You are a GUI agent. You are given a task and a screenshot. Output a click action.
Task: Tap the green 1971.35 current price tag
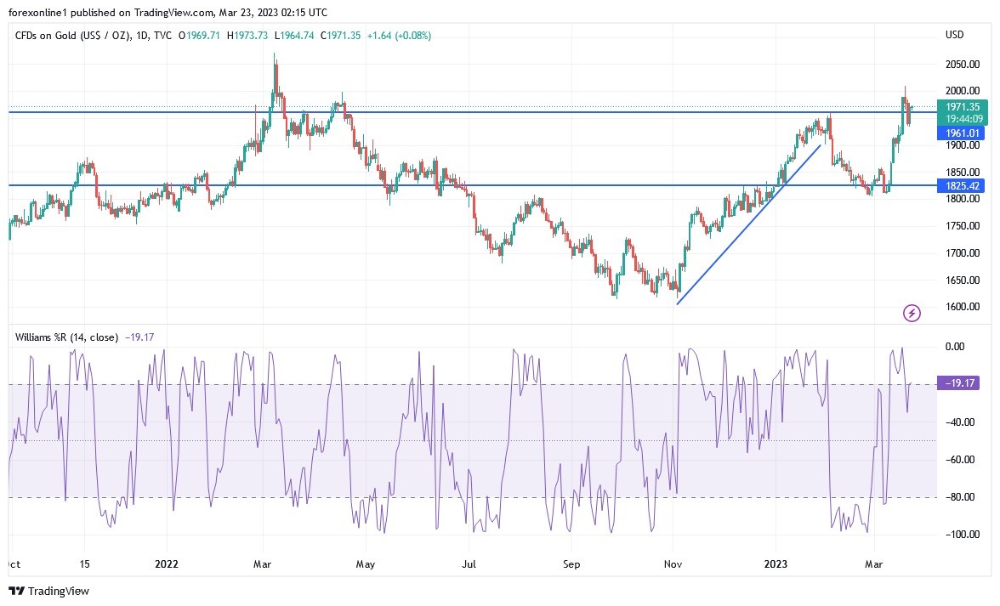point(960,107)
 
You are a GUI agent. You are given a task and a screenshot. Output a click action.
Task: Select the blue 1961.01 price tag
point(960,133)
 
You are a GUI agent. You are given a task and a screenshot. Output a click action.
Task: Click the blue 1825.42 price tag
point(960,185)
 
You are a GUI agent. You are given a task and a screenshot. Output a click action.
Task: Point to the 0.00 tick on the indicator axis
point(955,347)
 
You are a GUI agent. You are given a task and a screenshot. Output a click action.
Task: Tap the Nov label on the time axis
point(673,564)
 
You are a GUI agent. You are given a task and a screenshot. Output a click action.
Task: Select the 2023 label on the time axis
point(776,564)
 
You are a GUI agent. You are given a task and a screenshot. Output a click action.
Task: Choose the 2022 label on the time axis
point(167,564)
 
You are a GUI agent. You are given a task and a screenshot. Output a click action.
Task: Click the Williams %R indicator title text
point(67,337)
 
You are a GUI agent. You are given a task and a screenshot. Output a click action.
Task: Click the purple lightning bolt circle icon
point(912,314)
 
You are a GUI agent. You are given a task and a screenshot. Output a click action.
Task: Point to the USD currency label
point(955,35)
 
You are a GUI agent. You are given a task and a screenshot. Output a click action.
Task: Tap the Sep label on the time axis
point(571,564)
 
